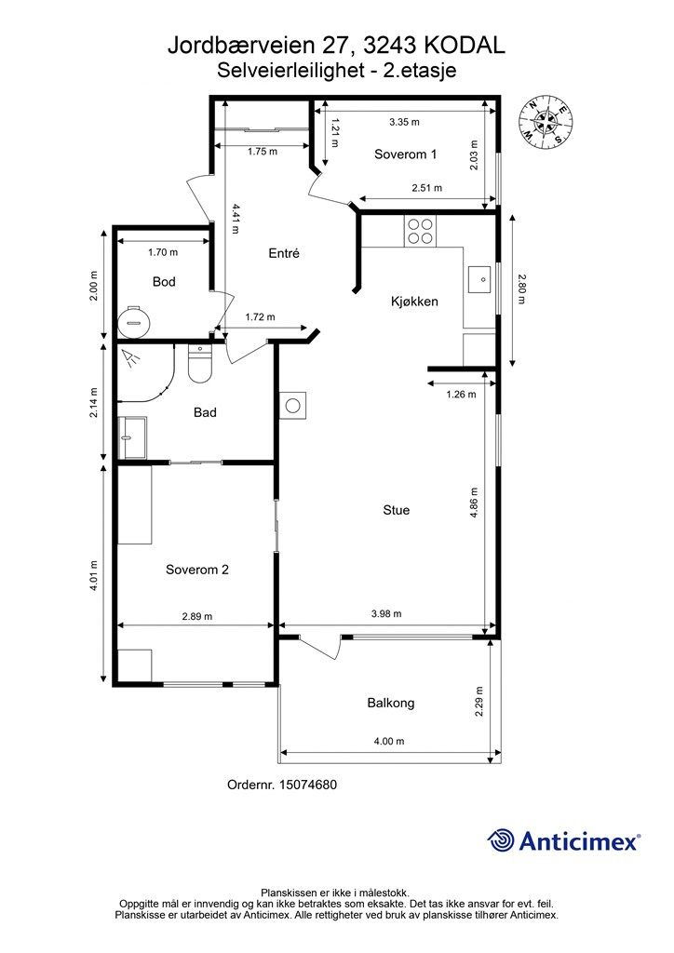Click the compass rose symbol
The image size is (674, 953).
pyautogui.click(x=546, y=123)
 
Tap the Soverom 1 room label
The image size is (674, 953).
pyautogui.click(x=405, y=154)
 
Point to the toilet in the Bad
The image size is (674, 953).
pyautogui.click(x=199, y=364)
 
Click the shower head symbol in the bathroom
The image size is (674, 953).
pyautogui.click(x=130, y=358)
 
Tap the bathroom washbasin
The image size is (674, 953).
pyautogui.click(x=132, y=437)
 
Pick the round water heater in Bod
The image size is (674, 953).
pyautogui.click(x=133, y=322)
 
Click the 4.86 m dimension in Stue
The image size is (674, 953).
pyautogui.click(x=474, y=503)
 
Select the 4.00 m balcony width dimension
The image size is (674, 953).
pyautogui.click(x=389, y=742)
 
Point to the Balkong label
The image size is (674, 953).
pyautogui.click(x=391, y=704)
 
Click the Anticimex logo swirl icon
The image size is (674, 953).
pyautogui.click(x=501, y=840)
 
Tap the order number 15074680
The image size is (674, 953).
pyautogui.click(x=307, y=785)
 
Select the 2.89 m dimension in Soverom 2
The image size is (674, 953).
pyautogui.click(x=197, y=616)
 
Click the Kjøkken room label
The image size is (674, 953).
pyautogui.click(x=414, y=302)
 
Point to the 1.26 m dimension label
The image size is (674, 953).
pyautogui.click(x=462, y=395)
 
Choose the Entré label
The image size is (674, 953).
pyautogui.click(x=284, y=253)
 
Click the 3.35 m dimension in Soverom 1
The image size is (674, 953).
pyautogui.click(x=404, y=122)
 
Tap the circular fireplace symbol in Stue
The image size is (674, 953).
pyautogui.click(x=293, y=405)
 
